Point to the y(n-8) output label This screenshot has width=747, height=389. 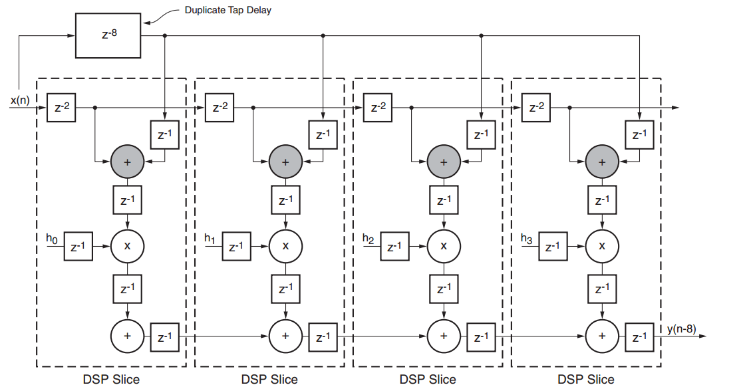pyautogui.click(x=685, y=329)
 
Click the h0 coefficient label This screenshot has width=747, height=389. pyautogui.click(x=52, y=239)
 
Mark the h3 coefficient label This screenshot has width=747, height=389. pyautogui.click(x=527, y=239)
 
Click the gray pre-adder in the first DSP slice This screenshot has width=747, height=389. pyautogui.click(x=128, y=162)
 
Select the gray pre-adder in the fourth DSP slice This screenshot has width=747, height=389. pyautogui.click(x=602, y=162)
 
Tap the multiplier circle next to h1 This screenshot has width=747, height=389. pyautogui.click(x=286, y=246)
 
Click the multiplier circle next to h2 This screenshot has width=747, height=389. pyautogui.click(x=444, y=246)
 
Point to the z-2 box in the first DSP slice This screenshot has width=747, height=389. pyautogui.click(x=63, y=108)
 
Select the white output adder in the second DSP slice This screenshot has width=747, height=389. pyautogui.click(x=286, y=336)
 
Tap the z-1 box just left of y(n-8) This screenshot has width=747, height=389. pyautogui.click(x=639, y=336)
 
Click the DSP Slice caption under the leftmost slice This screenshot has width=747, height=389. pyautogui.click(x=112, y=379)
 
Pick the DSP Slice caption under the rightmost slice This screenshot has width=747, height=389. pyautogui.click(x=586, y=379)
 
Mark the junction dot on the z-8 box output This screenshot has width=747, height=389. pyautogui.click(x=164, y=35)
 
